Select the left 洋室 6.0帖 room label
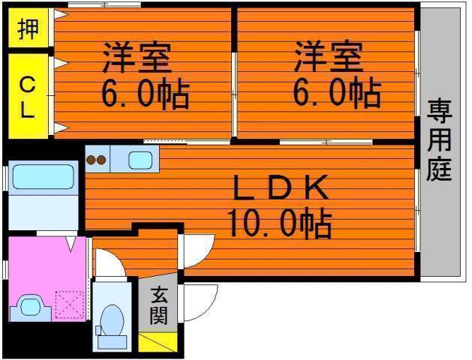143,75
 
